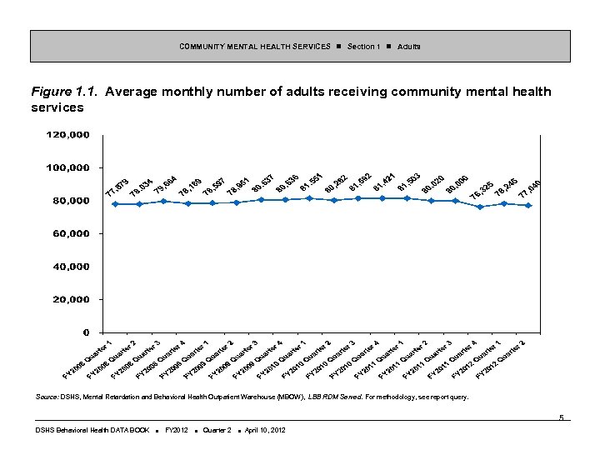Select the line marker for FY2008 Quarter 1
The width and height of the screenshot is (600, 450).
click(x=115, y=204)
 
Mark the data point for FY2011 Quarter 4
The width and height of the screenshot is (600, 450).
click(x=479, y=207)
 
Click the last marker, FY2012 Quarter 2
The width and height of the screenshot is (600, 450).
click(x=527, y=205)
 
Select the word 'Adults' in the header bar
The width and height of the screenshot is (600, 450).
click(x=408, y=46)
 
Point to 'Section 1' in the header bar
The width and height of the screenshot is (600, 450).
click(x=363, y=46)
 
